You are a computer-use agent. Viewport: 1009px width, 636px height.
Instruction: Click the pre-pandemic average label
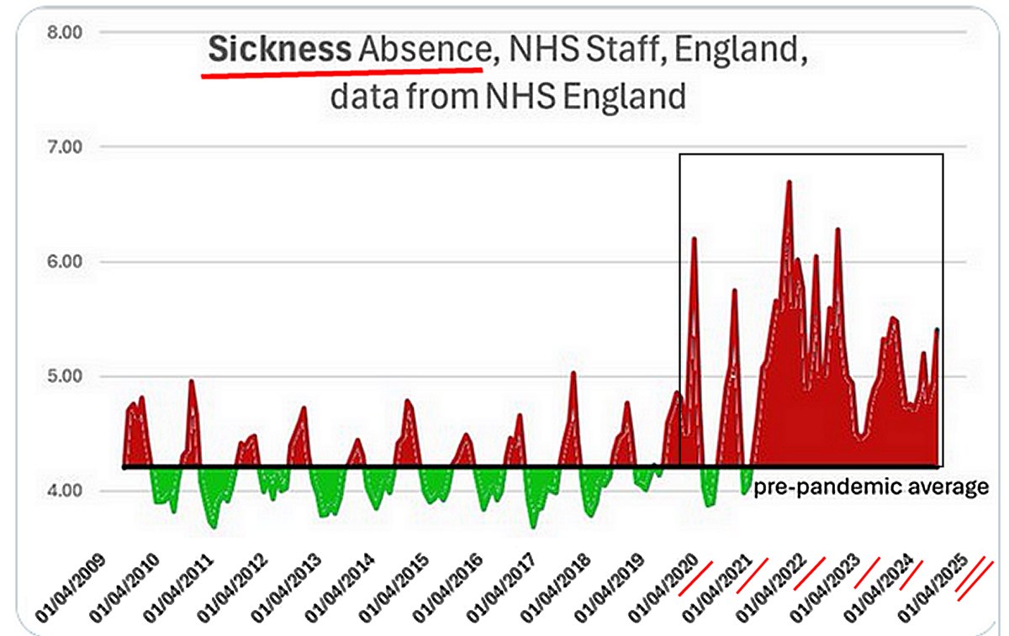point(870,487)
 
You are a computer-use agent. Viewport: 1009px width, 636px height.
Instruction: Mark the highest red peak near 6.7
point(789,182)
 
